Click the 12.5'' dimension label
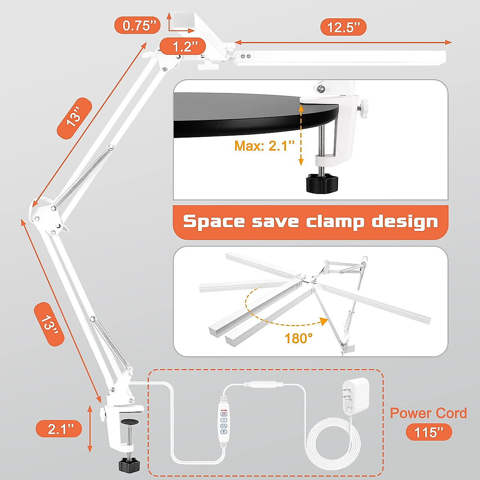(x=343, y=27)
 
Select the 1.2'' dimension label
(x=183, y=47)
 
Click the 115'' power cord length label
(x=429, y=432)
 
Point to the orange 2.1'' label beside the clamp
(x=59, y=429)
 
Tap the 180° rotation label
(x=298, y=338)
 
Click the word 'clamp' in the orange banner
(x=335, y=221)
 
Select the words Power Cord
(x=428, y=413)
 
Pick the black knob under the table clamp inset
(x=322, y=182)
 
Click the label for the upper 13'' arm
(x=74, y=118)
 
